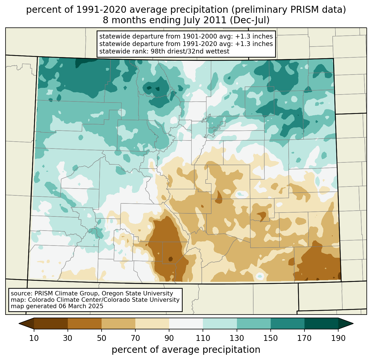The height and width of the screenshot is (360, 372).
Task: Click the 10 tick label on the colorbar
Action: tap(34, 338)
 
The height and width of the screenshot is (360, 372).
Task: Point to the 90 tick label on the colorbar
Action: tap(169, 338)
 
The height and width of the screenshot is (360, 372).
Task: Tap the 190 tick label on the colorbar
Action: tap(338, 338)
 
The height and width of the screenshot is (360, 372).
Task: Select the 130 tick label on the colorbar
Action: tap(237, 338)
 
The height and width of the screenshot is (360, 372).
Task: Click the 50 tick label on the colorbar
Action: tap(102, 338)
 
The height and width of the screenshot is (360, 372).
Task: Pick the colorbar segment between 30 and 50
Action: tap(85, 323)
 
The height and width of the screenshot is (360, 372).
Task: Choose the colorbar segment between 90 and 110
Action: tap(186, 323)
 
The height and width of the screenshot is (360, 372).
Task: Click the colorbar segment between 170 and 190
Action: tap(321, 323)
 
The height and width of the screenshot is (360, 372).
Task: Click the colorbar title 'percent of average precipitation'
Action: tap(186, 350)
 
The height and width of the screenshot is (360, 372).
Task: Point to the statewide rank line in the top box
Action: tap(164, 51)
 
